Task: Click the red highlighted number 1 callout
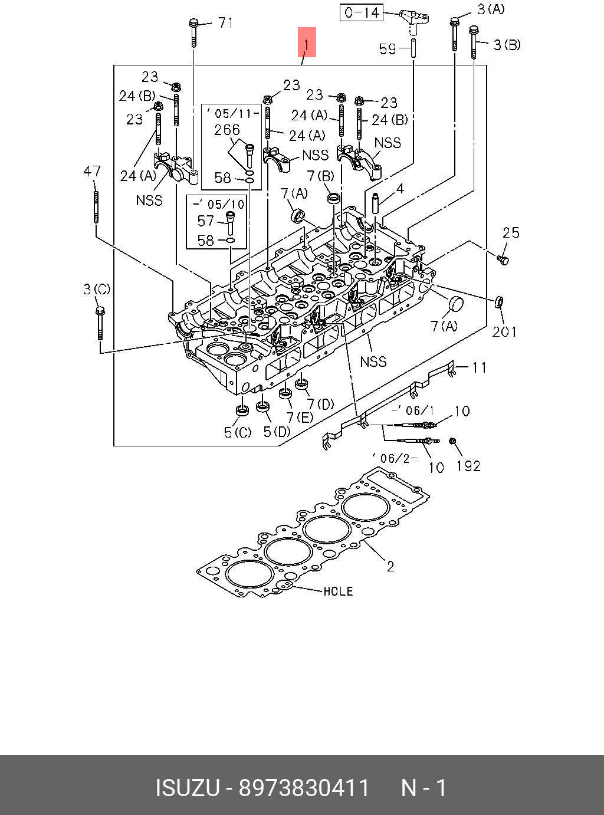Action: [307, 42]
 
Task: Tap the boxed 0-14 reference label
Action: [362, 13]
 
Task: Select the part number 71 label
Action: [226, 23]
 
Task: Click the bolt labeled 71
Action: [193, 32]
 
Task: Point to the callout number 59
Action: [388, 49]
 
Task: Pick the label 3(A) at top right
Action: [491, 9]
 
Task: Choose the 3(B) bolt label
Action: [507, 45]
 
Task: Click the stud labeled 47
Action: [96, 206]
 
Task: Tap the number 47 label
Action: [92, 171]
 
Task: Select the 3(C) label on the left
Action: [97, 289]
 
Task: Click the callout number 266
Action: [227, 130]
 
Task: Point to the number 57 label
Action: [205, 221]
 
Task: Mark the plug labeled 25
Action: [503, 260]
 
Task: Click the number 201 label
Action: [504, 332]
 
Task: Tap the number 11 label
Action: [480, 367]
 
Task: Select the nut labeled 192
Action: [452, 441]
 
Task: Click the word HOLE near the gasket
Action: [338, 591]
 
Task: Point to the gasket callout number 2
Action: [390, 566]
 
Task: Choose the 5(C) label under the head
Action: [238, 432]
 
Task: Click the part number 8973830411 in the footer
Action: [304, 788]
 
